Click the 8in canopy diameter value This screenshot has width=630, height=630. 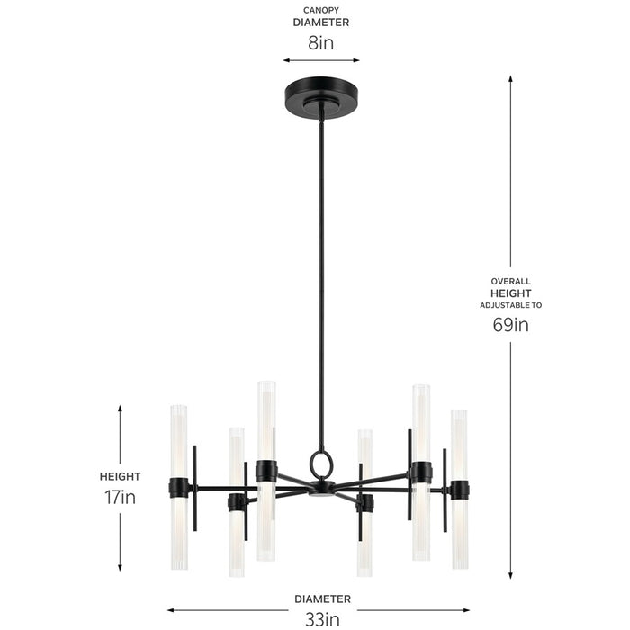point(321,41)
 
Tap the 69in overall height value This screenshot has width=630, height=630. point(510,325)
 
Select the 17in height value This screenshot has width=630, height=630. point(120,496)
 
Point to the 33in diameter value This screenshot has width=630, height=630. point(321,618)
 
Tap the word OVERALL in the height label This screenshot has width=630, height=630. point(510,281)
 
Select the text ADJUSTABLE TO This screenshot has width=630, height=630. point(510,305)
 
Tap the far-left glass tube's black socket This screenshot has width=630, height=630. point(179,488)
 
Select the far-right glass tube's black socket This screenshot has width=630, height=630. point(459,490)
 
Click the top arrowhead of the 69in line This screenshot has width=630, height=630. point(511,79)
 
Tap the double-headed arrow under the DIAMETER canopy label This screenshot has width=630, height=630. point(321,61)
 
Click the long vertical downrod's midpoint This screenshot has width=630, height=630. point(320,279)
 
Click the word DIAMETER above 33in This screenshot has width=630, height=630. point(321,598)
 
